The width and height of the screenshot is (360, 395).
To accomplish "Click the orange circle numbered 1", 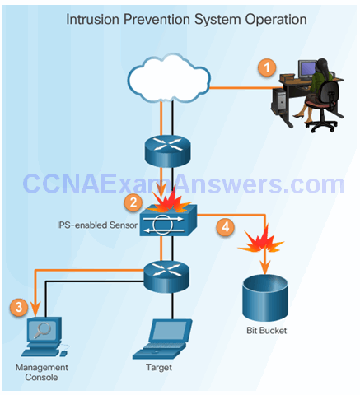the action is tap(267, 67).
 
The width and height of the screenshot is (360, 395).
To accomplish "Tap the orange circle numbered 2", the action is tap(133, 202).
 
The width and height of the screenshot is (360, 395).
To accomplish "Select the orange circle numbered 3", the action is tap(19, 307).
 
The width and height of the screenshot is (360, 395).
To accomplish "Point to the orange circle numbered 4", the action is tap(226, 227).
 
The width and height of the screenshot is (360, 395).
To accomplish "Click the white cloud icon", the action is tap(169, 79).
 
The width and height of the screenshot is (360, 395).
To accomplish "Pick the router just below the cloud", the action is tap(167, 151).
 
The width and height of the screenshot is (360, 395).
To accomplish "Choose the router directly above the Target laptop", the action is tap(166, 276).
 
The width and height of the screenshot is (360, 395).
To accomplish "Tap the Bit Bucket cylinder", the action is tap(265, 297).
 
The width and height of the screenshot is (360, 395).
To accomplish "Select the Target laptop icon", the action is tap(162, 339).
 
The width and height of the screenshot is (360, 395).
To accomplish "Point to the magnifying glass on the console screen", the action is tap(42, 330).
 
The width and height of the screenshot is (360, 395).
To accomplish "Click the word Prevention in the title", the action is tap(157, 20).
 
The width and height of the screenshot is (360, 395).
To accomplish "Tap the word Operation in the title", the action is tap(276, 20).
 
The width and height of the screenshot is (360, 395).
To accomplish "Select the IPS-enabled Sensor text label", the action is tap(97, 225).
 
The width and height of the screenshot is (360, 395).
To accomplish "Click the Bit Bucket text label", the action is tap(266, 331).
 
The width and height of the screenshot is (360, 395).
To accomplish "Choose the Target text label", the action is tap(159, 367).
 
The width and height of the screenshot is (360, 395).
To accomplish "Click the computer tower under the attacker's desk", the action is tap(278, 100).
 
